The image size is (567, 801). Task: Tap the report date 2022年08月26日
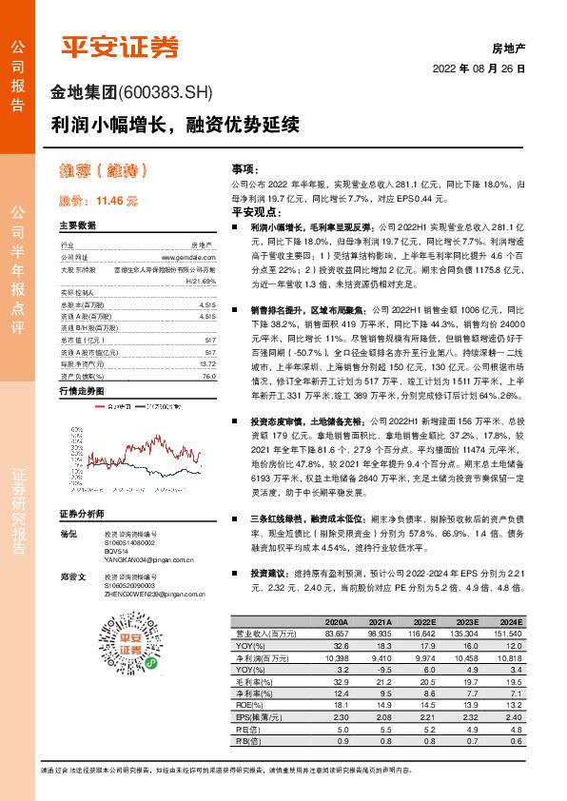click(479, 69)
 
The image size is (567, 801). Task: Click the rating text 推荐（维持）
click(105, 171)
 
